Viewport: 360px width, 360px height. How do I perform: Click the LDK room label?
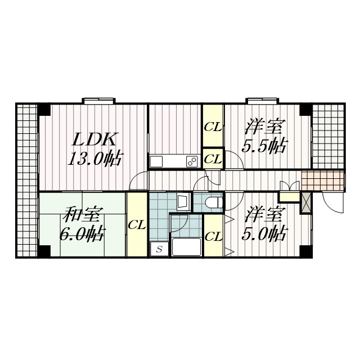[94, 139]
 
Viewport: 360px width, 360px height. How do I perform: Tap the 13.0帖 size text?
[95, 159]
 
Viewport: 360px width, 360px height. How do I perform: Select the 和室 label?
[83, 214]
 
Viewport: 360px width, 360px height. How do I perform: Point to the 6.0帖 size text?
[83, 233]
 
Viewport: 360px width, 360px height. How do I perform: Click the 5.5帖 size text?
[264, 146]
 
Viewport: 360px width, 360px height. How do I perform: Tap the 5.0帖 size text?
[264, 233]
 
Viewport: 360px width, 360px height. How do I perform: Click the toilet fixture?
[214, 202]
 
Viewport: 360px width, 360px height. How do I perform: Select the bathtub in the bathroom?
[186, 247]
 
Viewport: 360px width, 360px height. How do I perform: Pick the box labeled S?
[159, 249]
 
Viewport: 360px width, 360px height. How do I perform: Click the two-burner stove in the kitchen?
[192, 161]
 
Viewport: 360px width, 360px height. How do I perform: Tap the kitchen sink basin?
[156, 161]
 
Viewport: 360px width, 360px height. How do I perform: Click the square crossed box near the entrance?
[306, 203]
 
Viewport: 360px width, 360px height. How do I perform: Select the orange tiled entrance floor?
[323, 181]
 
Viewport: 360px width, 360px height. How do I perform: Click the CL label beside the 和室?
[137, 226]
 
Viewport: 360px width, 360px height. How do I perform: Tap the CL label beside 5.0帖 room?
[214, 236]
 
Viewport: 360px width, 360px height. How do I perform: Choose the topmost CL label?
[213, 127]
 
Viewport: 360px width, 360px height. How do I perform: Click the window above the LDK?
[99, 101]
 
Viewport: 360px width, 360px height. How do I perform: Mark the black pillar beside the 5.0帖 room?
[306, 251]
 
